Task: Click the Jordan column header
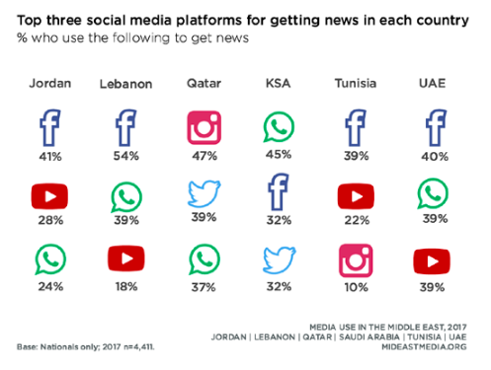click(x=49, y=83)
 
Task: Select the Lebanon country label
click(x=124, y=84)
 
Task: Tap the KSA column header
click(x=278, y=83)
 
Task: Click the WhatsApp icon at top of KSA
click(x=279, y=129)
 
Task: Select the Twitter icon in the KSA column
click(x=279, y=260)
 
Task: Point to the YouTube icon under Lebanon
click(x=125, y=260)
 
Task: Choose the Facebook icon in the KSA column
click(x=279, y=193)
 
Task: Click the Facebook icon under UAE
click(x=432, y=129)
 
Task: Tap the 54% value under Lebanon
click(x=125, y=156)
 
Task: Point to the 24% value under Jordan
click(x=49, y=287)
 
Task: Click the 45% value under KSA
click(x=279, y=156)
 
